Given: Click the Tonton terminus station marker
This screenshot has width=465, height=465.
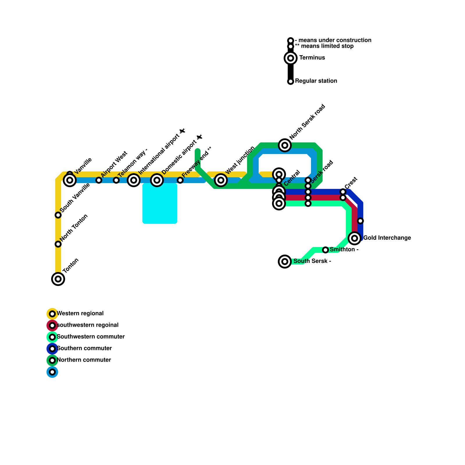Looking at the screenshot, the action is point(58,279).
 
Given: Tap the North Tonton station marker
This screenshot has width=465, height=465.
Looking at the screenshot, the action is point(58,244).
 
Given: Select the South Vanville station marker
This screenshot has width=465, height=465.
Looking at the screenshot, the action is point(58,215).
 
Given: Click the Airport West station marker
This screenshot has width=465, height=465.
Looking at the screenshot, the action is point(99,180).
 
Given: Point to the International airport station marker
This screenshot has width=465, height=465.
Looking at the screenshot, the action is point(134,180).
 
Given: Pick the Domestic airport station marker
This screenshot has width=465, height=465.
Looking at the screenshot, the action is point(157,180).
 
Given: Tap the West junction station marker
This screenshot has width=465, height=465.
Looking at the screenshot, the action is point(221,180).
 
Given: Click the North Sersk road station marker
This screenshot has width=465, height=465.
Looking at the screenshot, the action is point(285,145).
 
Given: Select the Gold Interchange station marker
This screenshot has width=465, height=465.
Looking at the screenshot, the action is point(355,238).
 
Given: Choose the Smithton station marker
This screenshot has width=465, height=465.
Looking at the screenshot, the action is point(325,250).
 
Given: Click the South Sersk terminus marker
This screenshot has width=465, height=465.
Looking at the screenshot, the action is point(285,262).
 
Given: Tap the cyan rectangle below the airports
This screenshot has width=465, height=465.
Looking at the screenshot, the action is point(160,203).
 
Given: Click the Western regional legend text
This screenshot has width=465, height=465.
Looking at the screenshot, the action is point(80,314).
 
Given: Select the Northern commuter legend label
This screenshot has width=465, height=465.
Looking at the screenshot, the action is point(84,360).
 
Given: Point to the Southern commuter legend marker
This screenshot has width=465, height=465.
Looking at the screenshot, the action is point(52,349).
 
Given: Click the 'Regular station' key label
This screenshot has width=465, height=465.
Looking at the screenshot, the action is point(316,81).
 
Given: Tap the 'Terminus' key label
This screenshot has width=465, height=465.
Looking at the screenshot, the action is point(312,58).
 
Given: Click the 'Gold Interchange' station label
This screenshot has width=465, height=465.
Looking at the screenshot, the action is point(387,238).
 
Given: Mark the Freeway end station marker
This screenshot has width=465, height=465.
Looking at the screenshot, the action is point(180,180).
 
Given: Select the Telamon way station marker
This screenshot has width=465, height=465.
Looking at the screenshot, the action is point(116,180).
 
